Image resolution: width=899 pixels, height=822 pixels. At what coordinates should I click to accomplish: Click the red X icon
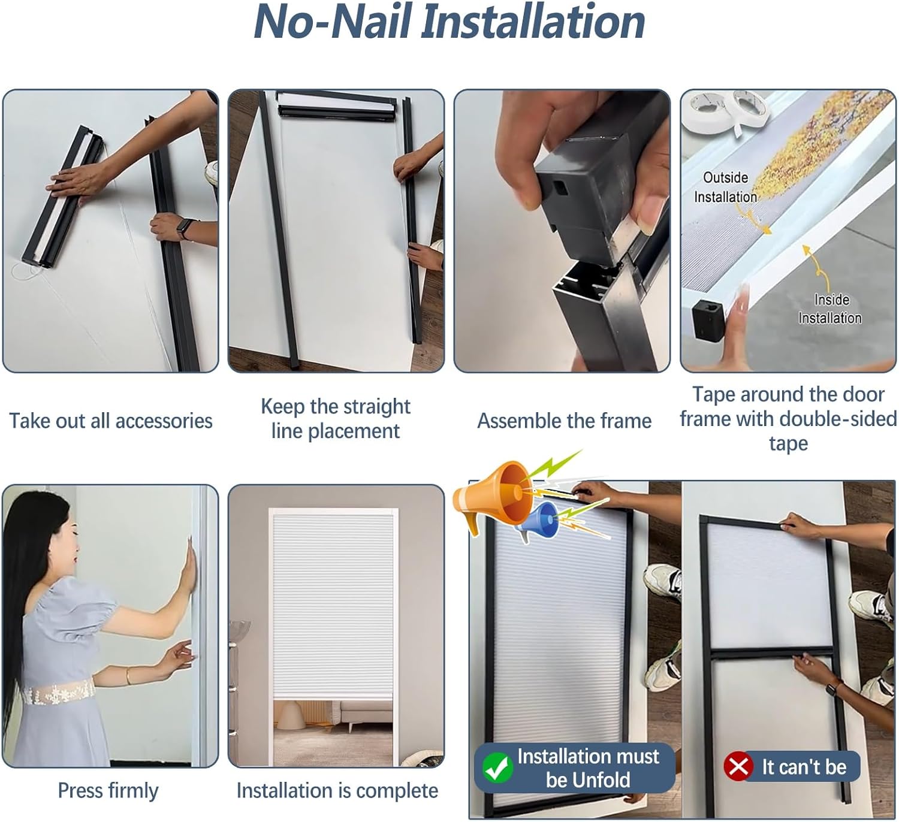738,766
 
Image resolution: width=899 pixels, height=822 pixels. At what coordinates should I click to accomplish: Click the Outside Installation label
726,187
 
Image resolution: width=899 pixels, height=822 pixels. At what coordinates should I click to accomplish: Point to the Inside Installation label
830,309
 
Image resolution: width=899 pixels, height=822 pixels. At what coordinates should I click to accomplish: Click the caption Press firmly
108,791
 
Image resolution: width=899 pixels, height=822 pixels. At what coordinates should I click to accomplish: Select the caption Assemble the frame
564,421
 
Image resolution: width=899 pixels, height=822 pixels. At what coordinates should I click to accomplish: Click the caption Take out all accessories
111,421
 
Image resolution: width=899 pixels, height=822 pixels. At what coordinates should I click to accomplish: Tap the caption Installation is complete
337,791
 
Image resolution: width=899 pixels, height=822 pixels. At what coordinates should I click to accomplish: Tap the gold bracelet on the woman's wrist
127,676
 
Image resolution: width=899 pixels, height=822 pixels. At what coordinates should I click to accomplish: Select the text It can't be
804,767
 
